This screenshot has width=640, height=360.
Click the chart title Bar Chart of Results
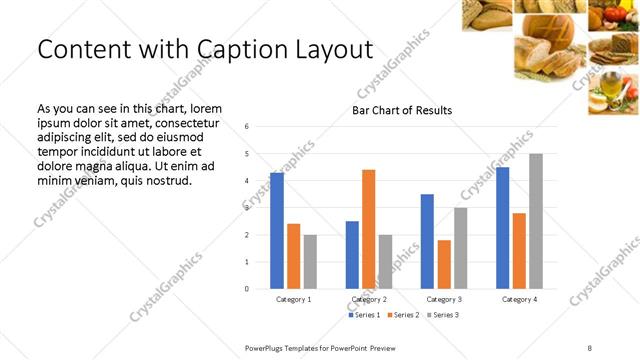click(402, 110)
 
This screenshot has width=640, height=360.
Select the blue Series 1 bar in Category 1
click(277, 230)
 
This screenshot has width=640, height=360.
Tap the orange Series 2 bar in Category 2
click(368, 229)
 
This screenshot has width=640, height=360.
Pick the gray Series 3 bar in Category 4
click(536, 221)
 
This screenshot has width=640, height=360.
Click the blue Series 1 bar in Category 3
click(427, 241)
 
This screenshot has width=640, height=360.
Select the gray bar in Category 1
click(310, 261)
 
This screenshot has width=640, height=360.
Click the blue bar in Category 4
click(502, 228)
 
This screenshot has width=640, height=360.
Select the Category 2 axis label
click(368, 299)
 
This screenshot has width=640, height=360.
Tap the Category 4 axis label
click(519, 299)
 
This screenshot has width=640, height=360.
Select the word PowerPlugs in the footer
click(267, 347)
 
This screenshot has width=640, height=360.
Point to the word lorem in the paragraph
click(201, 108)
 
